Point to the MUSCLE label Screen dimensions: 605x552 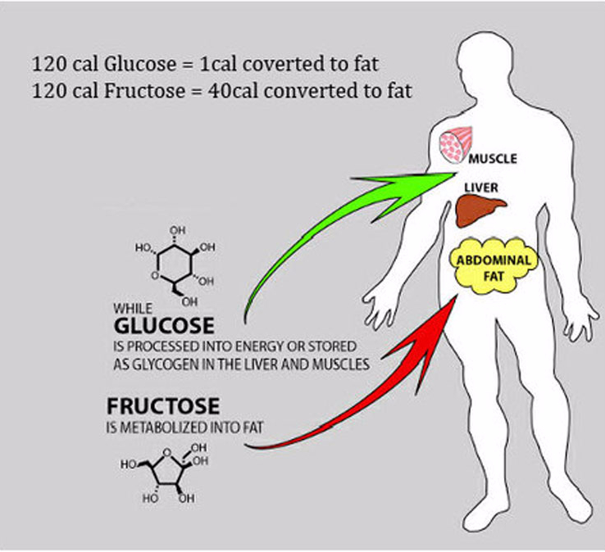pyautogui.click(x=493, y=159)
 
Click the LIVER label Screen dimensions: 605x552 pyautogui.click(x=481, y=188)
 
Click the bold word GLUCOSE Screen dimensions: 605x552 pyautogui.click(x=164, y=325)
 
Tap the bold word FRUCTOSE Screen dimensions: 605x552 pyautogui.click(x=163, y=406)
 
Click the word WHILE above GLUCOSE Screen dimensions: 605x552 pyautogui.click(x=133, y=309)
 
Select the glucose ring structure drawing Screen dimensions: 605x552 pyautogui.click(x=175, y=266)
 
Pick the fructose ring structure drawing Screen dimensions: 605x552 pyautogui.click(x=165, y=473)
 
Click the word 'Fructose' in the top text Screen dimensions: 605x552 pyautogui.click(x=145, y=92)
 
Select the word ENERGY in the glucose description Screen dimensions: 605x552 pyautogui.click(x=260, y=346)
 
